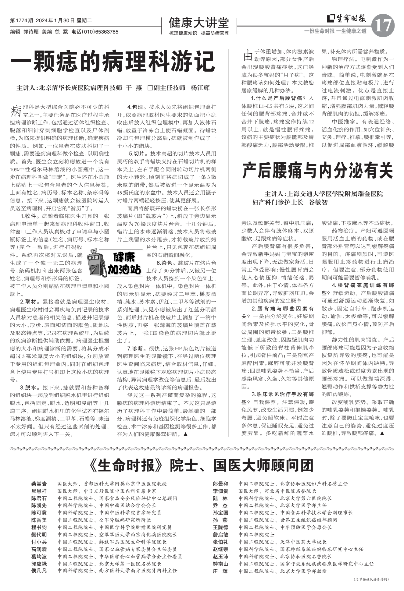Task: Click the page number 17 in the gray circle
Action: pos(383,25)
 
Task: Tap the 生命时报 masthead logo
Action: pos(347,19)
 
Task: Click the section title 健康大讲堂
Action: pos(199,23)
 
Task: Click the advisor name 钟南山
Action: pos(220,564)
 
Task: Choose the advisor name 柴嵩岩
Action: pos(39,484)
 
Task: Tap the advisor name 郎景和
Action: pos(220,484)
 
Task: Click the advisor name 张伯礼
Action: pos(220,542)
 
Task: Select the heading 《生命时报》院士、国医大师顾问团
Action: pos(202,465)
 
